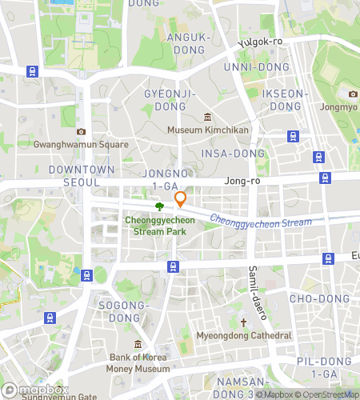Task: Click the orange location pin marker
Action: point(181,199)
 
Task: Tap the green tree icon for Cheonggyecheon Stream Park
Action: point(159,206)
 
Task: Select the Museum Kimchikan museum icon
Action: point(208,117)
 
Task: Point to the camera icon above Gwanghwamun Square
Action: point(81,131)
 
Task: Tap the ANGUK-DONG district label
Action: point(190,43)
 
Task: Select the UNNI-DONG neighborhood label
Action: point(254,66)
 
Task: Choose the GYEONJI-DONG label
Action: point(170,100)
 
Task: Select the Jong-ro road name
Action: point(243,182)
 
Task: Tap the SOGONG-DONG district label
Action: point(124,311)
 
